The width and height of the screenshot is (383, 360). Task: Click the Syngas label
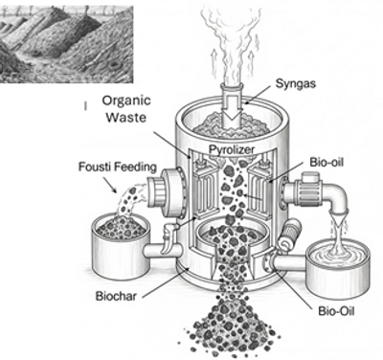tap(296, 84)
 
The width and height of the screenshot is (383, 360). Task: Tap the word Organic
tap(126, 101)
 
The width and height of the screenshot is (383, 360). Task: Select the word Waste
tap(126, 117)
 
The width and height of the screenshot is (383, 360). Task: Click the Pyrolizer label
tap(232, 149)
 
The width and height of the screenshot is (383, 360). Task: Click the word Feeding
tap(138, 168)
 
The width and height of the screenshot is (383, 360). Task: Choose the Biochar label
tap(116, 297)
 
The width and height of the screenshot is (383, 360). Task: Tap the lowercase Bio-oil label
tap(327, 162)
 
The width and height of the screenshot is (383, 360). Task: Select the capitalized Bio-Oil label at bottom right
tap(336, 311)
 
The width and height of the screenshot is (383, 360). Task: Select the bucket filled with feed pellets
tap(121, 242)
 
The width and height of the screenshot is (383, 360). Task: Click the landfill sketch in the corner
tap(66, 45)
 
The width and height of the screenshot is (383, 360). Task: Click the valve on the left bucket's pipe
tap(168, 237)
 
